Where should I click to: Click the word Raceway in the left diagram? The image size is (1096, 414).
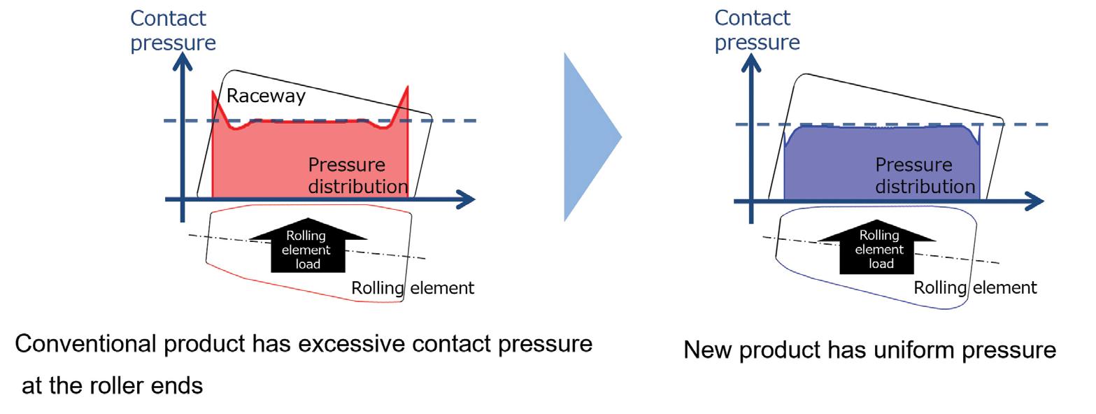266,96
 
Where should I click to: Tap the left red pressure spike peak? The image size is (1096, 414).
213,92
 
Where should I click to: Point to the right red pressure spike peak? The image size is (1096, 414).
407,87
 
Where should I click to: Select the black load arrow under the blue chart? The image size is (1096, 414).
877,247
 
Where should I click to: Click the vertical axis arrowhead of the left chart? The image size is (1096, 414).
183,62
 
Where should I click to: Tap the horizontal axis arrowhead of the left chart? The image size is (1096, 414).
465,199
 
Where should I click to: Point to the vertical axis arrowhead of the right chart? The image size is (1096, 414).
751,63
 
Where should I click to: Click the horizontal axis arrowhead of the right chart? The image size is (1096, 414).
1034,201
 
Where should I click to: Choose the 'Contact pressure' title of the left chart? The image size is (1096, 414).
173,30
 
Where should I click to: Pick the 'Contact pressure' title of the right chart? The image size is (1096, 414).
757,30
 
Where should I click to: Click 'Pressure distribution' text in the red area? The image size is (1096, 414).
357,176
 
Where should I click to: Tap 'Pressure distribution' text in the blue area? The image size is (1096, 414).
925,176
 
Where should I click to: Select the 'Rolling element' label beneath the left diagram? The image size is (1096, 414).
413,287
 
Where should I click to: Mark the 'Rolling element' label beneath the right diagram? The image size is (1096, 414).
975,287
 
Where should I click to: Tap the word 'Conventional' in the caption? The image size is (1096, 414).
85,343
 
